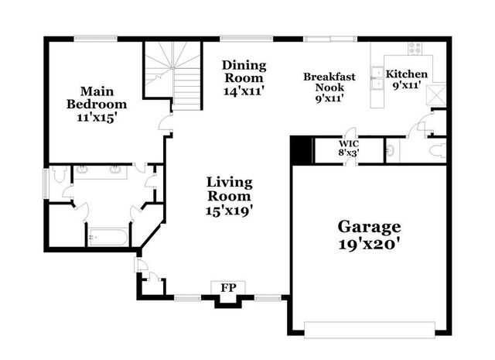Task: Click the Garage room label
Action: tap(369, 235)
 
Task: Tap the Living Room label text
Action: tap(230, 196)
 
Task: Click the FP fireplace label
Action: tap(228, 288)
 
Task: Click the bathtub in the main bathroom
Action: tap(107, 236)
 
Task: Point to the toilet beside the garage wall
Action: tap(438, 149)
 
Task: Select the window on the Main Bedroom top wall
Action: tap(95, 38)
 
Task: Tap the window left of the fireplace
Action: tap(187, 297)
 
